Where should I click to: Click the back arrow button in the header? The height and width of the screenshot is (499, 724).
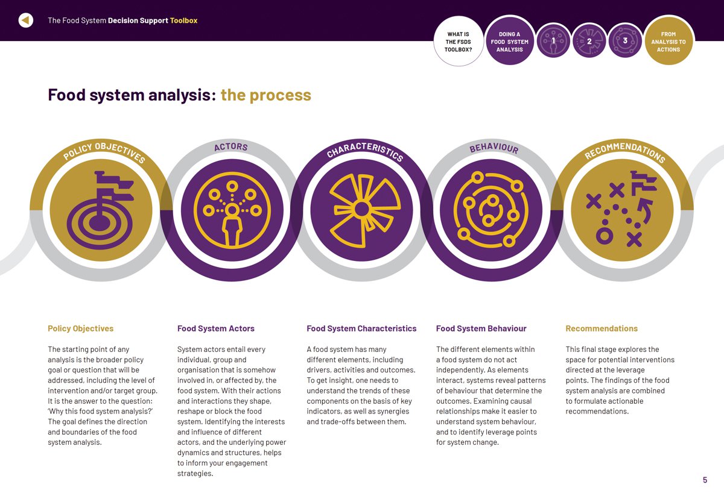pos(25,20)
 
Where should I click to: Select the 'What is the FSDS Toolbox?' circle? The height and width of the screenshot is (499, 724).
pos(459,42)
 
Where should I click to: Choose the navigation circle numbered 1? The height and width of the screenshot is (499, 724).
pos(553,41)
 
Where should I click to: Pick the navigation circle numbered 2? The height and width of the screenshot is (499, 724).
pos(589,41)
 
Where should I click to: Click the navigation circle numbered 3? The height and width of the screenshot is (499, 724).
pos(625,41)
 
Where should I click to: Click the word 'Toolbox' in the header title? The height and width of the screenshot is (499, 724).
pos(183,20)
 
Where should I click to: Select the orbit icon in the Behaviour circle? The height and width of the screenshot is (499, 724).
pos(492,210)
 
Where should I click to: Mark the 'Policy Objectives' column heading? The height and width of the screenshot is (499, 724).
pos(80,328)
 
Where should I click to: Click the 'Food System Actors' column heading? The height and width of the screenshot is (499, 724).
pos(215,328)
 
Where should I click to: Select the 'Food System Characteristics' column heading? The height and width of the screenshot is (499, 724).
pos(361,328)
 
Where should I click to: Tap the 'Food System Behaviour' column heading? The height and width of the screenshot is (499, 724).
pos(481,328)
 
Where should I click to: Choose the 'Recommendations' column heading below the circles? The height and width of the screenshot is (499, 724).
pos(601,328)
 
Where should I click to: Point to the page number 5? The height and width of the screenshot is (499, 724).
pos(705,480)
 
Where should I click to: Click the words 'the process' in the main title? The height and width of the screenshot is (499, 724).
pos(265,95)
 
